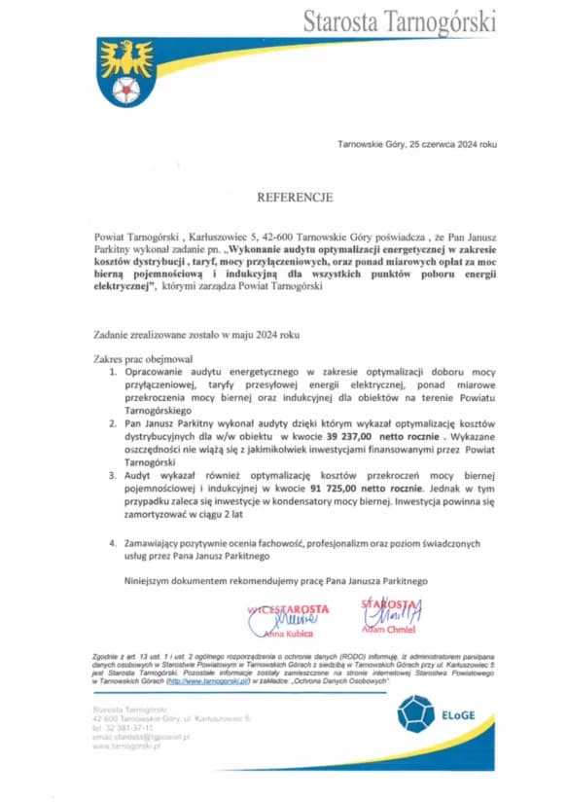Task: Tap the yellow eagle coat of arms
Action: tap(125, 71)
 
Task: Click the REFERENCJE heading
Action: tap(294, 197)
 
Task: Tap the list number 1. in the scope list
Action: tap(113, 373)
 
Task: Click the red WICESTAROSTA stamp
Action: tap(289, 610)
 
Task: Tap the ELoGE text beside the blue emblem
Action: tap(457, 715)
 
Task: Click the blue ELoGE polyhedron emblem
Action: tap(415, 713)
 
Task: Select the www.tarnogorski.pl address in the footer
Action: tap(122, 746)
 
